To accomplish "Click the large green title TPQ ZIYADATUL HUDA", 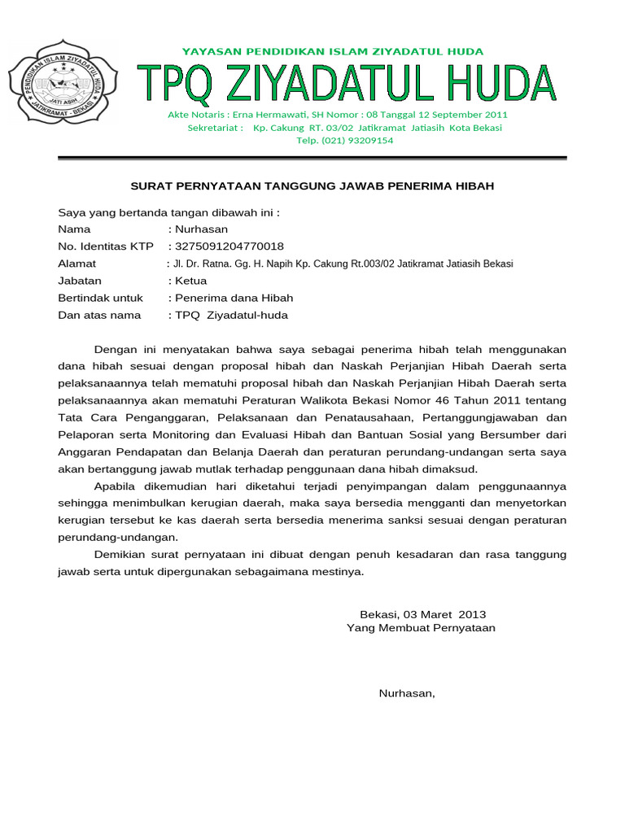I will pyautogui.click(x=347, y=85).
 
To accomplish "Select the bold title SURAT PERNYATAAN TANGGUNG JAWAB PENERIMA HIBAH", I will pyautogui.click(x=312, y=186).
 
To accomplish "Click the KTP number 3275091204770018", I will pyautogui.click(x=229, y=246).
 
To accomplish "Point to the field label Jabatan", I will pyautogui.click(x=80, y=281).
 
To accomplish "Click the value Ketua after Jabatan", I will pyautogui.click(x=190, y=281).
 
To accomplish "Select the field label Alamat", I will pyautogui.click(x=76, y=264).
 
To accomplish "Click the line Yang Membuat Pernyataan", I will pyautogui.click(x=421, y=628).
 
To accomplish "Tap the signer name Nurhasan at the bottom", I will pyautogui.click(x=407, y=694).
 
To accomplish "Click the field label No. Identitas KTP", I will pyautogui.click(x=105, y=246).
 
